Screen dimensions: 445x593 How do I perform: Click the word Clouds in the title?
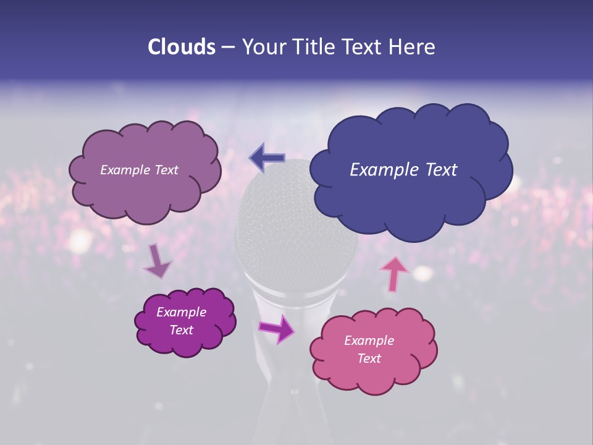(181, 47)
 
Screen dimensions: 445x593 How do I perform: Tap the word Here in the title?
(414, 47)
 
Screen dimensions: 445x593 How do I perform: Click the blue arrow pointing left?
(267, 158)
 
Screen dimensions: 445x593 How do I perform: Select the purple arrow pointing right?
(277, 328)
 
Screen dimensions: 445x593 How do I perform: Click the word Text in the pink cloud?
(369, 358)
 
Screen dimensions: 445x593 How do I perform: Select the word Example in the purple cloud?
(182, 312)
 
